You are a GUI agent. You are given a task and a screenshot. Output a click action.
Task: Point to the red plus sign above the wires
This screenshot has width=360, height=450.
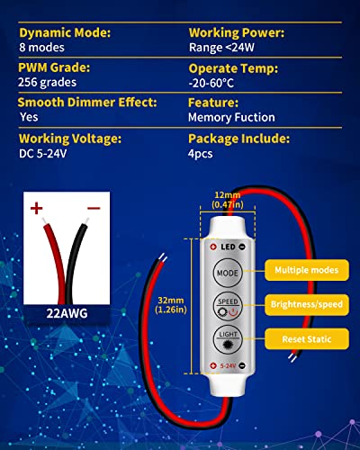point(38,210)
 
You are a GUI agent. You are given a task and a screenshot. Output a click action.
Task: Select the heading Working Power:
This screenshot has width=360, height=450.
point(238,32)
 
